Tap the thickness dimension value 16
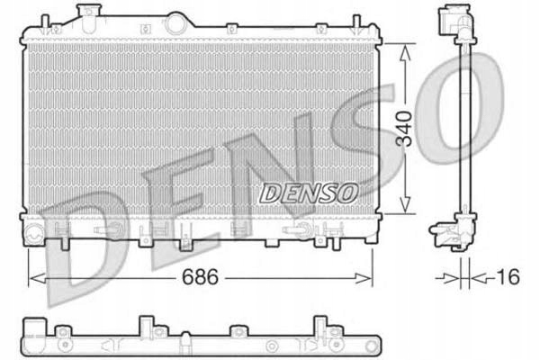click(508, 278)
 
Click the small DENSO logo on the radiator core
click(309, 192)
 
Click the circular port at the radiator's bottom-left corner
click(35, 236)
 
